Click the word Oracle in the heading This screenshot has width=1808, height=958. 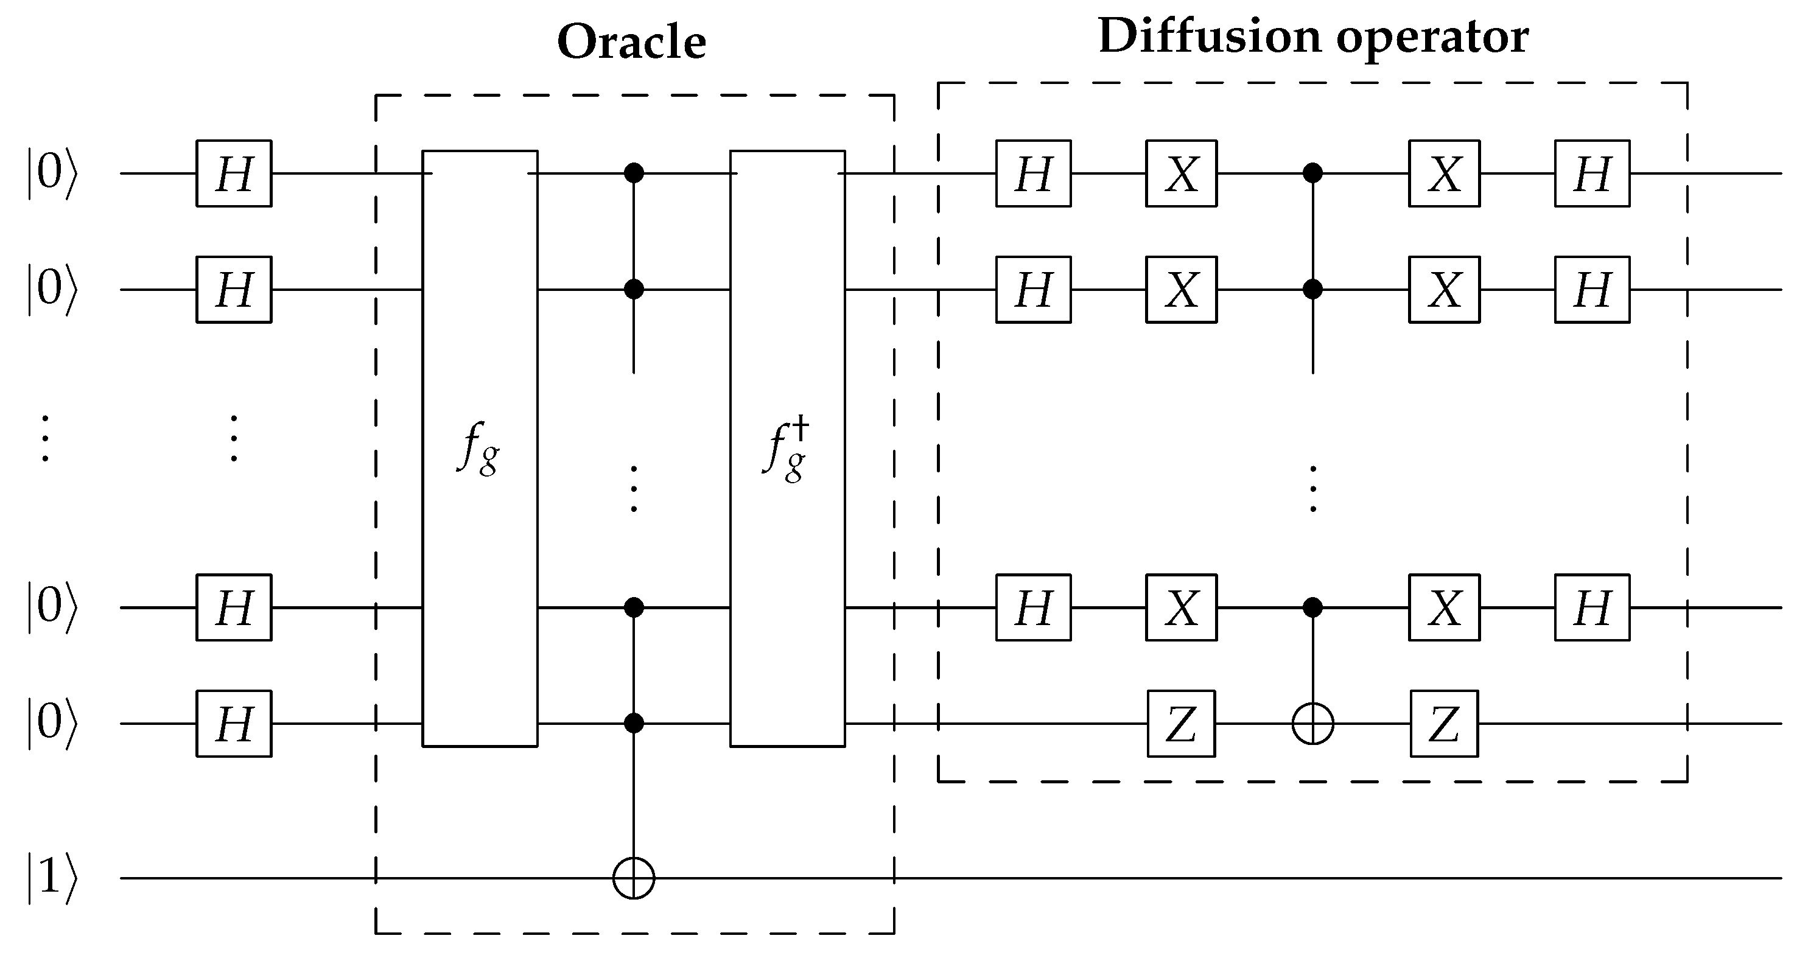(x=631, y=42)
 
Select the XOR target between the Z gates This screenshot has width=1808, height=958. (x=1312, y=724)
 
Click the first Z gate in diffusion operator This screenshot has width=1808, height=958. (x=1181, y=724)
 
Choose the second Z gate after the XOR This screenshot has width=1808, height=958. (x=1445, y=724)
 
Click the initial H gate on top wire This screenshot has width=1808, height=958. (x=234, y=173)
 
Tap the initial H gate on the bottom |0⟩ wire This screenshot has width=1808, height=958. (x=234, y=724)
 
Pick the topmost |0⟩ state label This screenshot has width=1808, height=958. (x=51, y=173)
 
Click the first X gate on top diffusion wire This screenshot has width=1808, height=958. (x=1181, y=173)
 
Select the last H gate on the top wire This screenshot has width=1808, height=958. (x=1592, y=173)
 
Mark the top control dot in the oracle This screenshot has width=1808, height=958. (x=634, y=173)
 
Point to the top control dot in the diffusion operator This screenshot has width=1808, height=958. (x=1312, y=173)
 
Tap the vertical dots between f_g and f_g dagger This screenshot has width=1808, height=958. (x=634, y=489)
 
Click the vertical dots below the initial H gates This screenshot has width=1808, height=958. (x=234, y=439)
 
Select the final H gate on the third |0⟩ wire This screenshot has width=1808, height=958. (x=1592, y=607)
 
